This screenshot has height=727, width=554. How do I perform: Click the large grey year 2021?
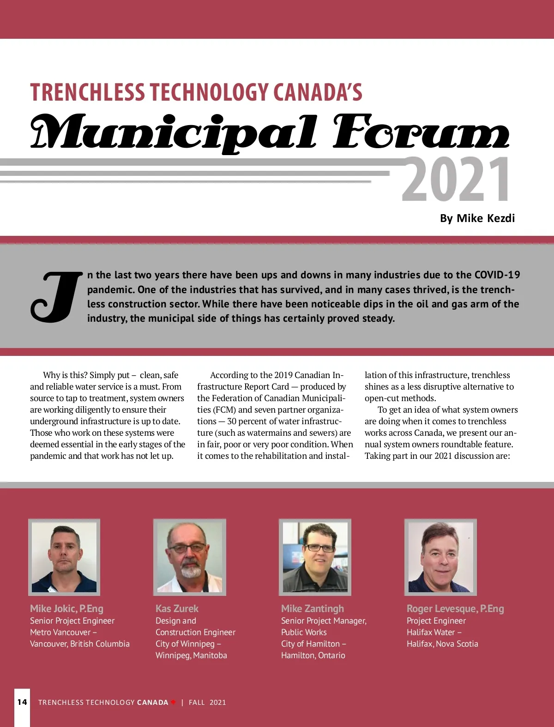(456, 179)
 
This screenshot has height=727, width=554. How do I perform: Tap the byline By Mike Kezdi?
(477, 218)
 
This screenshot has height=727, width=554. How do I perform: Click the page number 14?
(22, 702)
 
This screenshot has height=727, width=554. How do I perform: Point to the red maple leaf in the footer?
(173, 702)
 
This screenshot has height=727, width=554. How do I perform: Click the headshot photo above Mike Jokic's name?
(64, 557)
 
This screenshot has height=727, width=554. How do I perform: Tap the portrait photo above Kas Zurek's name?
(190, 557)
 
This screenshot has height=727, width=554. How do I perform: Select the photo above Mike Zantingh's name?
(315, 557)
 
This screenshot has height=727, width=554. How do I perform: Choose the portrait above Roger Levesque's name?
(440, 557)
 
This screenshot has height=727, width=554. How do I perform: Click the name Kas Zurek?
(177, 608)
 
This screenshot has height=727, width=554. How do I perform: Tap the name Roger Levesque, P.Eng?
(455, 608)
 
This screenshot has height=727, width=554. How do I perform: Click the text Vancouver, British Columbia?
(80, 643)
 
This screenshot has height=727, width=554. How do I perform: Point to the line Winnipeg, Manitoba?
(191, 655)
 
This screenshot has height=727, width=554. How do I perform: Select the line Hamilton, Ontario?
(313, 655)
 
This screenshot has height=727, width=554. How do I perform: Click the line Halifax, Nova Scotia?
(442, 643)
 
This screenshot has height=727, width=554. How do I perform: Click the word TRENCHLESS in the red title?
(87, 92)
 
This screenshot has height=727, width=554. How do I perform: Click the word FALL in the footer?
(197, 702)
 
